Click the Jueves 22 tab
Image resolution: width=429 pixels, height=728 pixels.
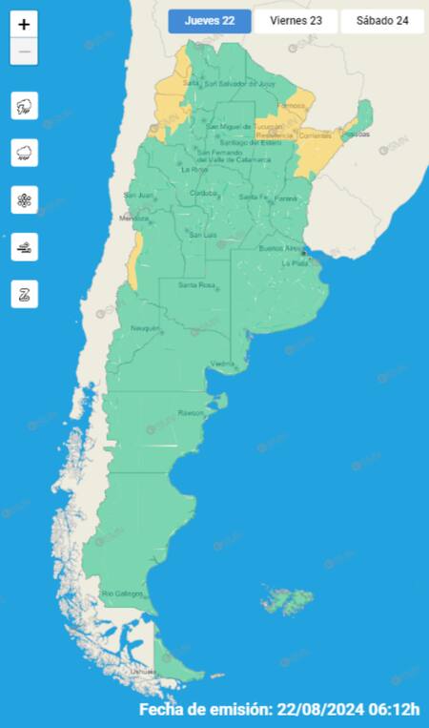[210, 21]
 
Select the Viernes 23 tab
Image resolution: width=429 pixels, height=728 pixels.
[296, 21]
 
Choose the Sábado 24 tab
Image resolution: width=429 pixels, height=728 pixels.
[381, 21]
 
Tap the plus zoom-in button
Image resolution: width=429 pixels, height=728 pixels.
[24, 24]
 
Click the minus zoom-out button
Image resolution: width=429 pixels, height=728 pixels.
[24, 52]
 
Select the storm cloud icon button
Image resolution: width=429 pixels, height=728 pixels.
[24, 106]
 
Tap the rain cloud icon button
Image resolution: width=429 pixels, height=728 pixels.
[24, 153]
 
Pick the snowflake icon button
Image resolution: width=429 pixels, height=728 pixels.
[24, 199]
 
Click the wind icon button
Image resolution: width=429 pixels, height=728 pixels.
[24, 246]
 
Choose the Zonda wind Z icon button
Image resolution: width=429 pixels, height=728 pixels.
[24, 293]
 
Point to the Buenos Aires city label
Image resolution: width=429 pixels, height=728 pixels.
[280, 248]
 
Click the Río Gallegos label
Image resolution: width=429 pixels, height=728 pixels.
[121, 593]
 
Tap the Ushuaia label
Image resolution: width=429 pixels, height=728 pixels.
[143, 672]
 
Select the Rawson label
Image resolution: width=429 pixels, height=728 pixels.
[189, 412]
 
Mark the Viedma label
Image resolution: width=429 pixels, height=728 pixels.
[221, 363]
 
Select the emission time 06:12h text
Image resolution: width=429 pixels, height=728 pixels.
[392, 710]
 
